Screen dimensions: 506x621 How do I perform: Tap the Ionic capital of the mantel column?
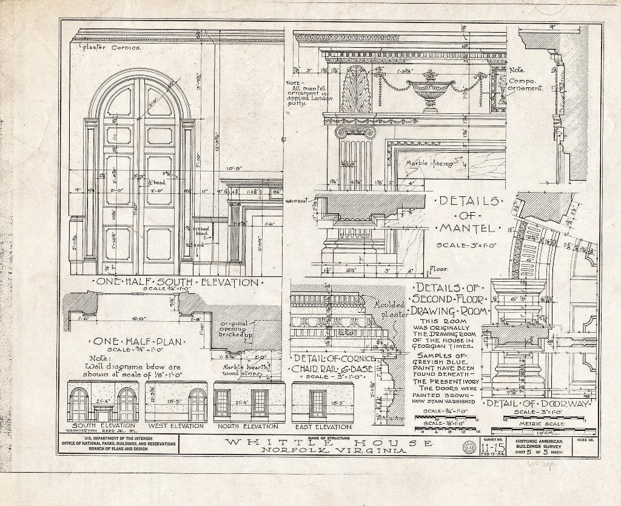(355, 131)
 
